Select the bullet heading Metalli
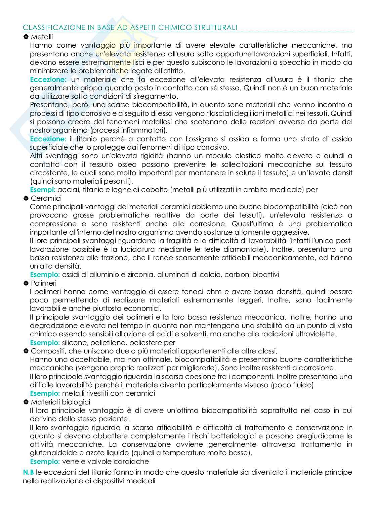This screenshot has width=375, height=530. [x=42, y=37]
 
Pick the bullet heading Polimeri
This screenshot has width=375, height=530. [x=44, y=283]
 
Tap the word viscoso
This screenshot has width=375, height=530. [x=257, y=385]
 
